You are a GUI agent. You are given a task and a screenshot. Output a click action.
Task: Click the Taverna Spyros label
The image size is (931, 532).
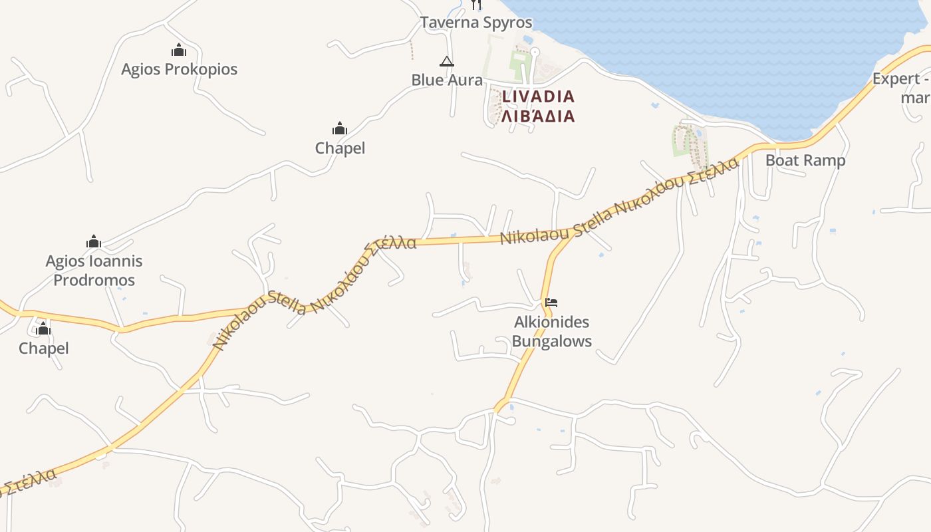476,23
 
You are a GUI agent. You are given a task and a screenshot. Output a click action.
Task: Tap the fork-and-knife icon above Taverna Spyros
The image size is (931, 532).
475,5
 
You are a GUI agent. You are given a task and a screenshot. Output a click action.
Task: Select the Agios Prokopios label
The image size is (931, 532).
179,69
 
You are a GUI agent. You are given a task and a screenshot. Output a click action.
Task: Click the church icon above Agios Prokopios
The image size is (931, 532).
179,50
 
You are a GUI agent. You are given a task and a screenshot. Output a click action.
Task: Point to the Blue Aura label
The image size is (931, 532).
447,80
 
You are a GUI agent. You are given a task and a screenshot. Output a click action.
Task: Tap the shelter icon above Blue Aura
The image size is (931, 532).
447,62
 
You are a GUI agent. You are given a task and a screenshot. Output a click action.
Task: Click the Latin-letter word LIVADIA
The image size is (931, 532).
538,96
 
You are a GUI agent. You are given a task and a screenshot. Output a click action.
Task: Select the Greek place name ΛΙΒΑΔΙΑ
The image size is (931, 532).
538,116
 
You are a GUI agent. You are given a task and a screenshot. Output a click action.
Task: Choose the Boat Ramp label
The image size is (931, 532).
805,160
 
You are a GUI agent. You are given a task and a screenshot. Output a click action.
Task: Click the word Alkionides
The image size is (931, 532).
552,323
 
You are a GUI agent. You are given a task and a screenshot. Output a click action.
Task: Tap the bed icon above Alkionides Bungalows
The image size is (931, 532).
551,303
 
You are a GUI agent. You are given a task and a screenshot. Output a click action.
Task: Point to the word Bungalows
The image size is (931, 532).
552,342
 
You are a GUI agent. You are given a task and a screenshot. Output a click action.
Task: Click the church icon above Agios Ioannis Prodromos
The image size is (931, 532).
94,241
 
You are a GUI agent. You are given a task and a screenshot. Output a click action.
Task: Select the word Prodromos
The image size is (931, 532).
94,280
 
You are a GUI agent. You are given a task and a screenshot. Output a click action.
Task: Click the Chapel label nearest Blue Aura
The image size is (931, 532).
340,148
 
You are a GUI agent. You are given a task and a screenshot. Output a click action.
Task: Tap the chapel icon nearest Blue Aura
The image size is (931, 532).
340,128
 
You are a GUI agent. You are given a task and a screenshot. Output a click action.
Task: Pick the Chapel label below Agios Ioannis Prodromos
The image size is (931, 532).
44,348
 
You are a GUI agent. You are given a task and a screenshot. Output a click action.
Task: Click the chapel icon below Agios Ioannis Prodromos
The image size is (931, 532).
43,329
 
